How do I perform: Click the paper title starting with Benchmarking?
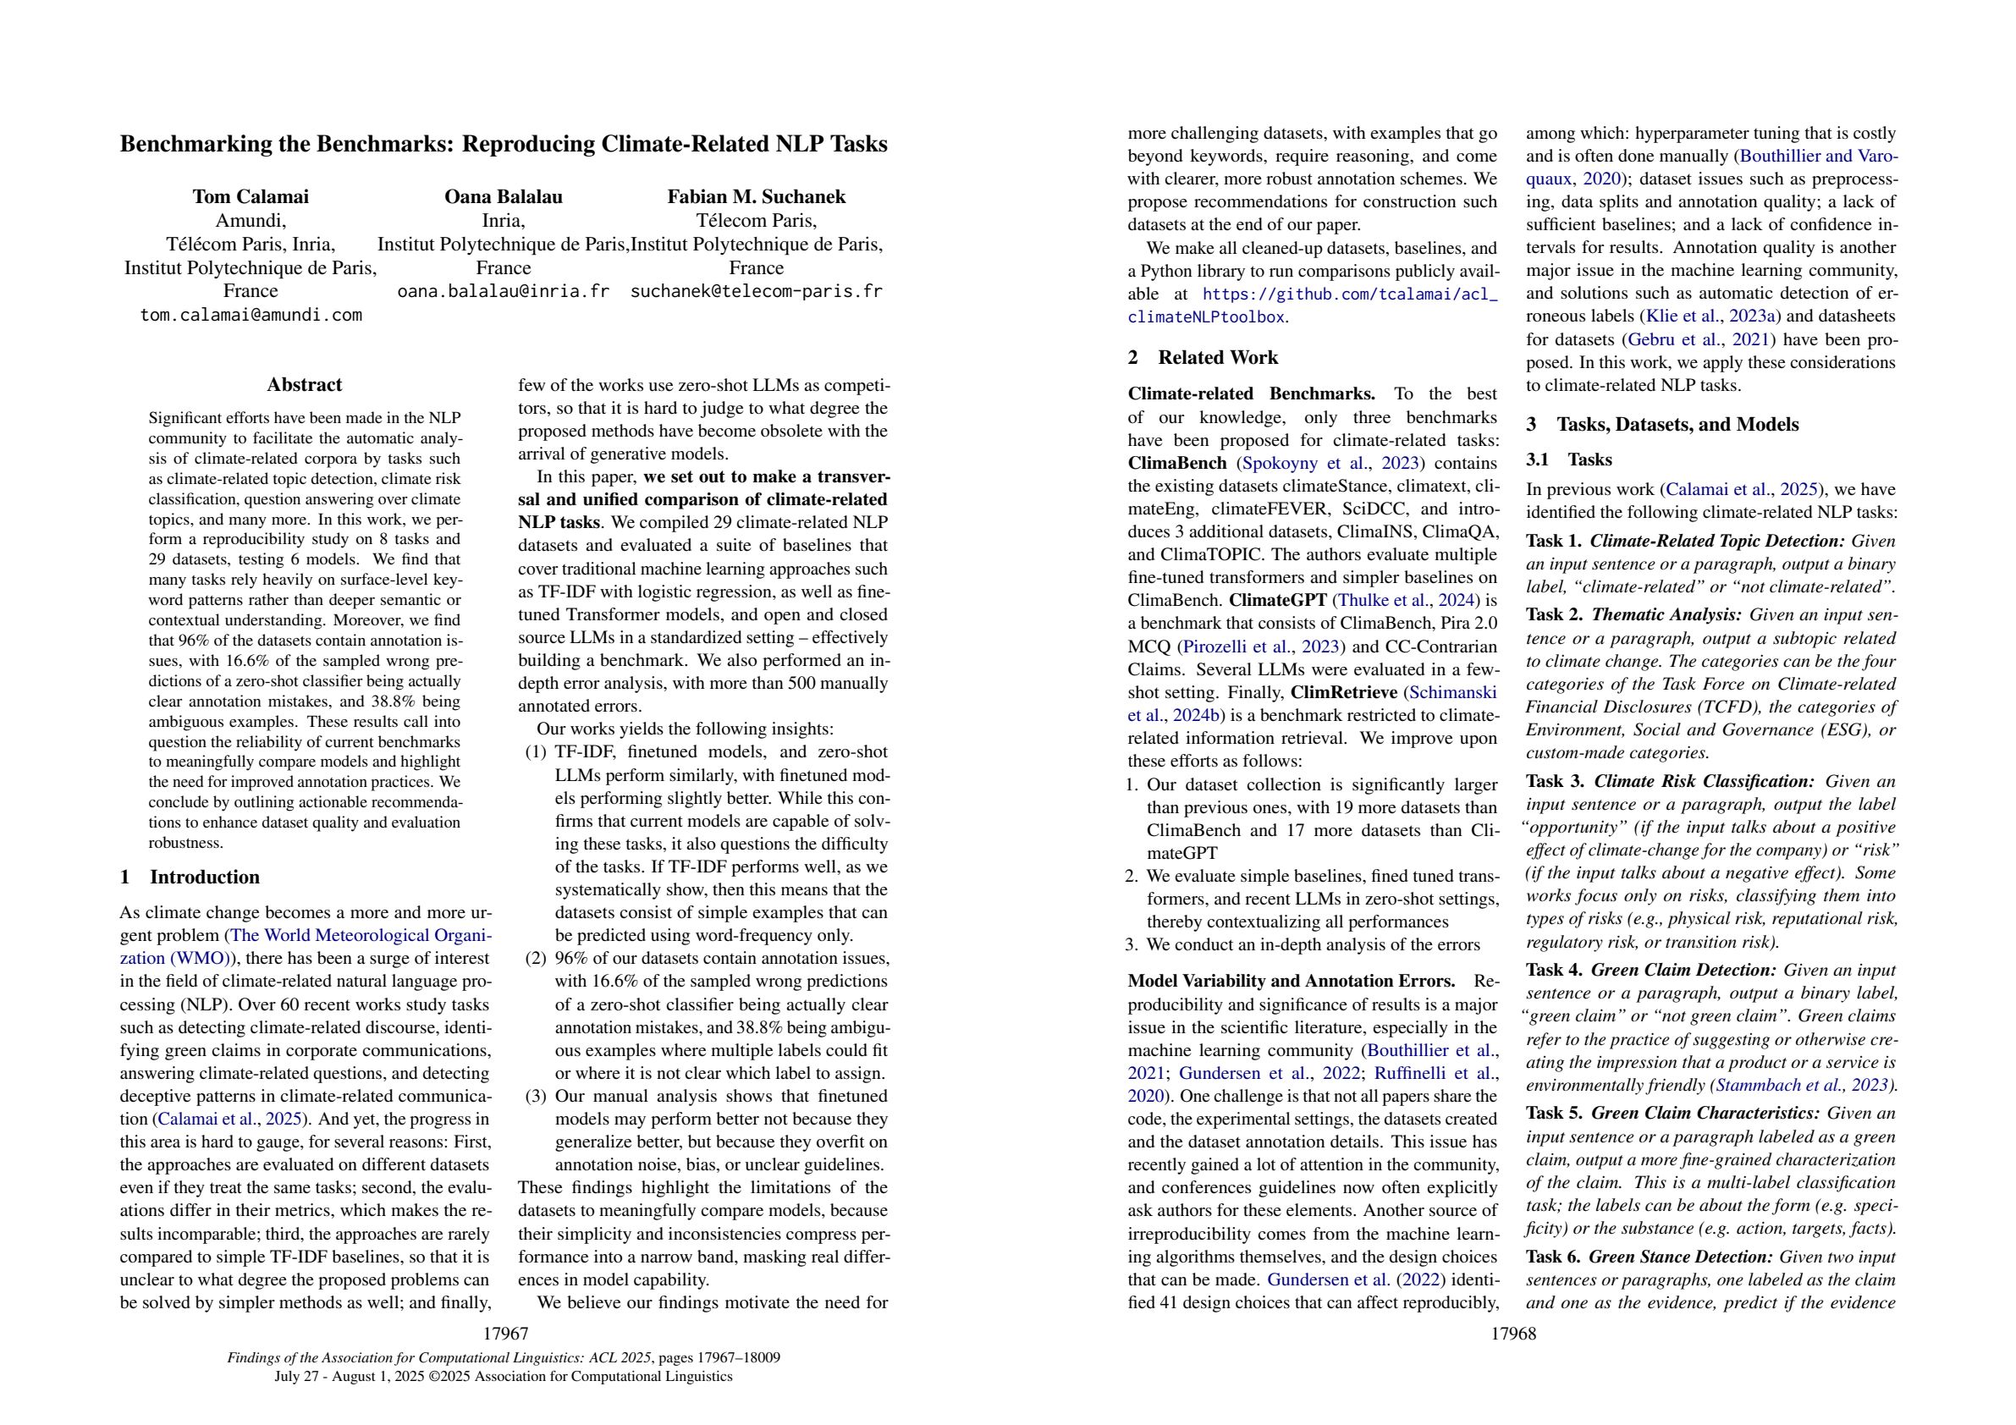[x=503, y=144]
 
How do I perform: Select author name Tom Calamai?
[x=251, y=196]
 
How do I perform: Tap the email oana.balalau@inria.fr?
[x=503, y=291]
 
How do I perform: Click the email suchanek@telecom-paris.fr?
[x=756, y=291]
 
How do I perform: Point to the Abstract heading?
[x=304, y=384]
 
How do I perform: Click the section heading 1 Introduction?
[x=190, y=878]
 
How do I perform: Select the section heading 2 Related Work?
[x=1203, y=357]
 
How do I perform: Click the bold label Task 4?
[x=1556, y=971]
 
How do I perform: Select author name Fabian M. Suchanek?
[x=756, y=196]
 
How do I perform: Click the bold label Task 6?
[x=1556, y=1257]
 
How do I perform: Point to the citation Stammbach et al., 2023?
[x=1803, y=1084]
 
